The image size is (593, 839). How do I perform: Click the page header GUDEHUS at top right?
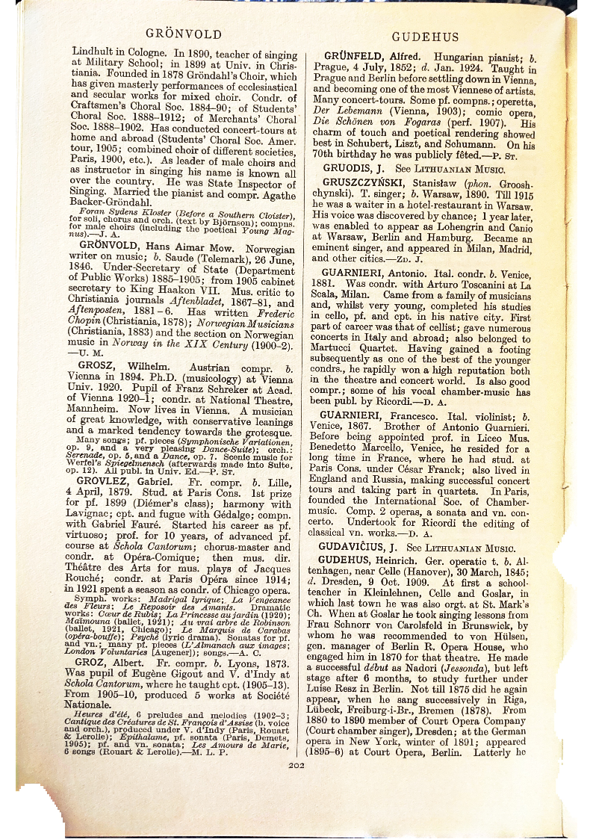tap(425, 37)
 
